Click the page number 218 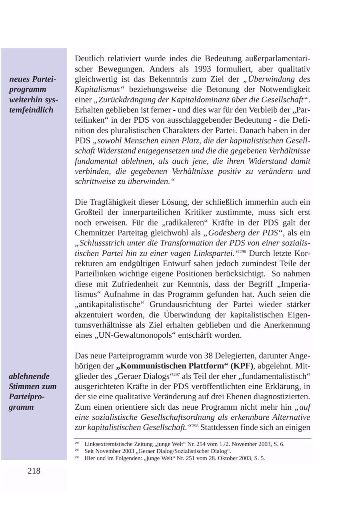(x=34, y=471)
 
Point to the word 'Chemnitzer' (x=95, y=233)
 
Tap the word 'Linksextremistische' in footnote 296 (x=109, y=444)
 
